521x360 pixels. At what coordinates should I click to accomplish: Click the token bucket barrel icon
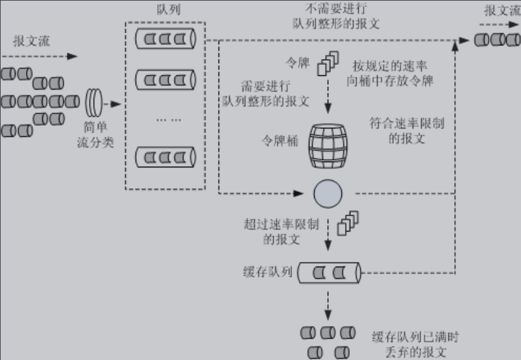(328, 142)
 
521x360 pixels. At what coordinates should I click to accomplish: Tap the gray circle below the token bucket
(328, 193)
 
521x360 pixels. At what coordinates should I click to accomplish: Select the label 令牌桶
(280, 140)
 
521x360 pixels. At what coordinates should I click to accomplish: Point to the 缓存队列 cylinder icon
(329, 273)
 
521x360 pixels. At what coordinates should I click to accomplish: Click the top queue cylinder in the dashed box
(165, 40)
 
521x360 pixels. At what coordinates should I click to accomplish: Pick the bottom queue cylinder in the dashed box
(165, 158)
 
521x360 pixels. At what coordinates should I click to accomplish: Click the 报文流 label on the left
(32, 42)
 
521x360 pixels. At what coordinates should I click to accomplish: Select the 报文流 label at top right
(502, 10)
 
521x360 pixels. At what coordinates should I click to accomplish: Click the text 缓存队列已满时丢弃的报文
(415, 344)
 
